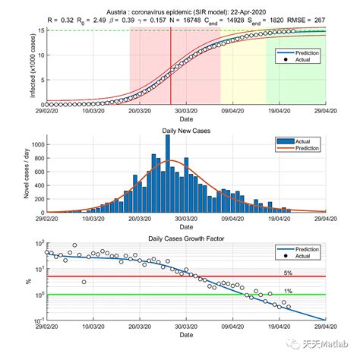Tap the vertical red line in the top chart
coord(170,68)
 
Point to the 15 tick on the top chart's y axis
coord(38,30)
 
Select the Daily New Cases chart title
coord(186,131)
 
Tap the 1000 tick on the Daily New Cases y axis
coord(35,144)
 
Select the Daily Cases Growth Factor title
coord(186,238)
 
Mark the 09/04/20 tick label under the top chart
coord(231,111)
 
